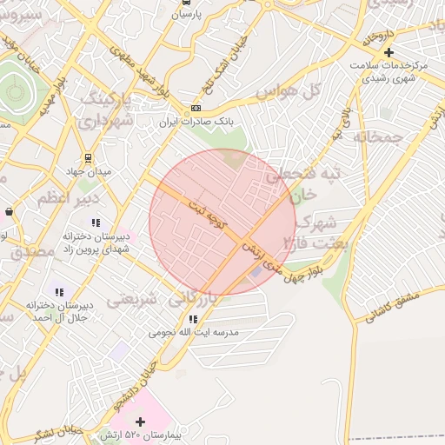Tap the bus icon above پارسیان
pos(185,3)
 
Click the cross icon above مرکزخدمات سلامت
pos(389,52)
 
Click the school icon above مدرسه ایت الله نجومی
pos(193,319)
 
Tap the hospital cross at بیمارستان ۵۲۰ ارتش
pos(140,422)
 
